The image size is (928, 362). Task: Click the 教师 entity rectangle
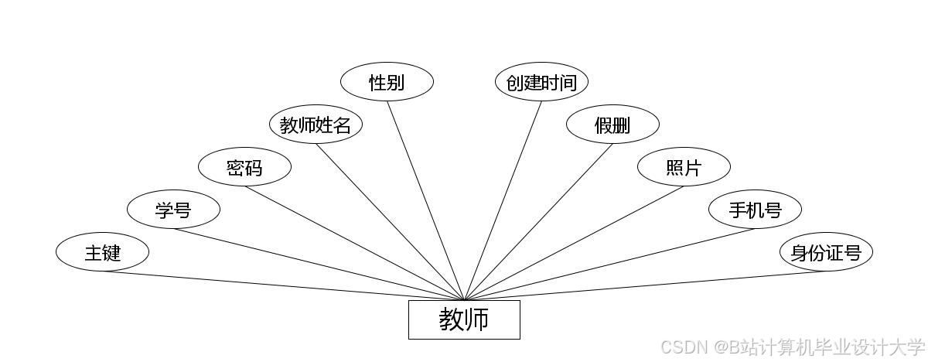464,319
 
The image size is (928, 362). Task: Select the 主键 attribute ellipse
102,252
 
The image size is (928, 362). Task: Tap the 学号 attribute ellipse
173,210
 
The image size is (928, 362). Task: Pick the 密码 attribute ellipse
244,167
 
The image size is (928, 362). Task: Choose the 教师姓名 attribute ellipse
316,125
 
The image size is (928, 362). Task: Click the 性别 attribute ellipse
387,82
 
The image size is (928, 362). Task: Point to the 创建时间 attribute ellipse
541,82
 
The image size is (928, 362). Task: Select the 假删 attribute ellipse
612,125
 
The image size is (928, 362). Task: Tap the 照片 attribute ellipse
684,167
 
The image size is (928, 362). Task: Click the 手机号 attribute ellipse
755,210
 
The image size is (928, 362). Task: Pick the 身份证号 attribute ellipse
826,252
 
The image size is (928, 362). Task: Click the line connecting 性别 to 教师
425,200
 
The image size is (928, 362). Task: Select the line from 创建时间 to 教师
503,200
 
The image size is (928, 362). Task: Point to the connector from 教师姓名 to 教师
390,223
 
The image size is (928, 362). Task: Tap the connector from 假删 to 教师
538,223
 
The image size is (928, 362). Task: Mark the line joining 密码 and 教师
354,244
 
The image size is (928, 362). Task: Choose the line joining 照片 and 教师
574,244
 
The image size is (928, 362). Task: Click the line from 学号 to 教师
319,265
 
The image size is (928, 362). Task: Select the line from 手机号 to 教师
609,265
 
